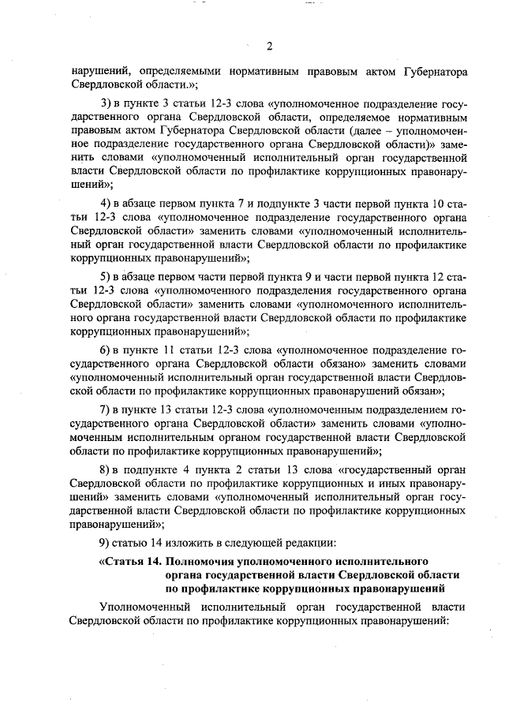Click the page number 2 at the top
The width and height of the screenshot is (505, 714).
[269, 44]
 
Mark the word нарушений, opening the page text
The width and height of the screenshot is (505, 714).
[94, 72]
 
